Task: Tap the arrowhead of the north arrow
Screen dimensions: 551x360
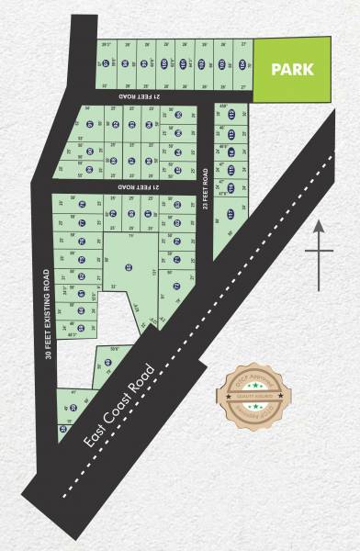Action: tap(318, 224)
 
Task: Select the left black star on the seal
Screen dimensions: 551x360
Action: tap(236, 400)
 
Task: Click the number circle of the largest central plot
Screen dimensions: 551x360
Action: tap(129, 266)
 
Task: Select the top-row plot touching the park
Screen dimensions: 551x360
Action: tap(243, 64)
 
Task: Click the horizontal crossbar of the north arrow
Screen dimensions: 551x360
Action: tap(318, 250)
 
